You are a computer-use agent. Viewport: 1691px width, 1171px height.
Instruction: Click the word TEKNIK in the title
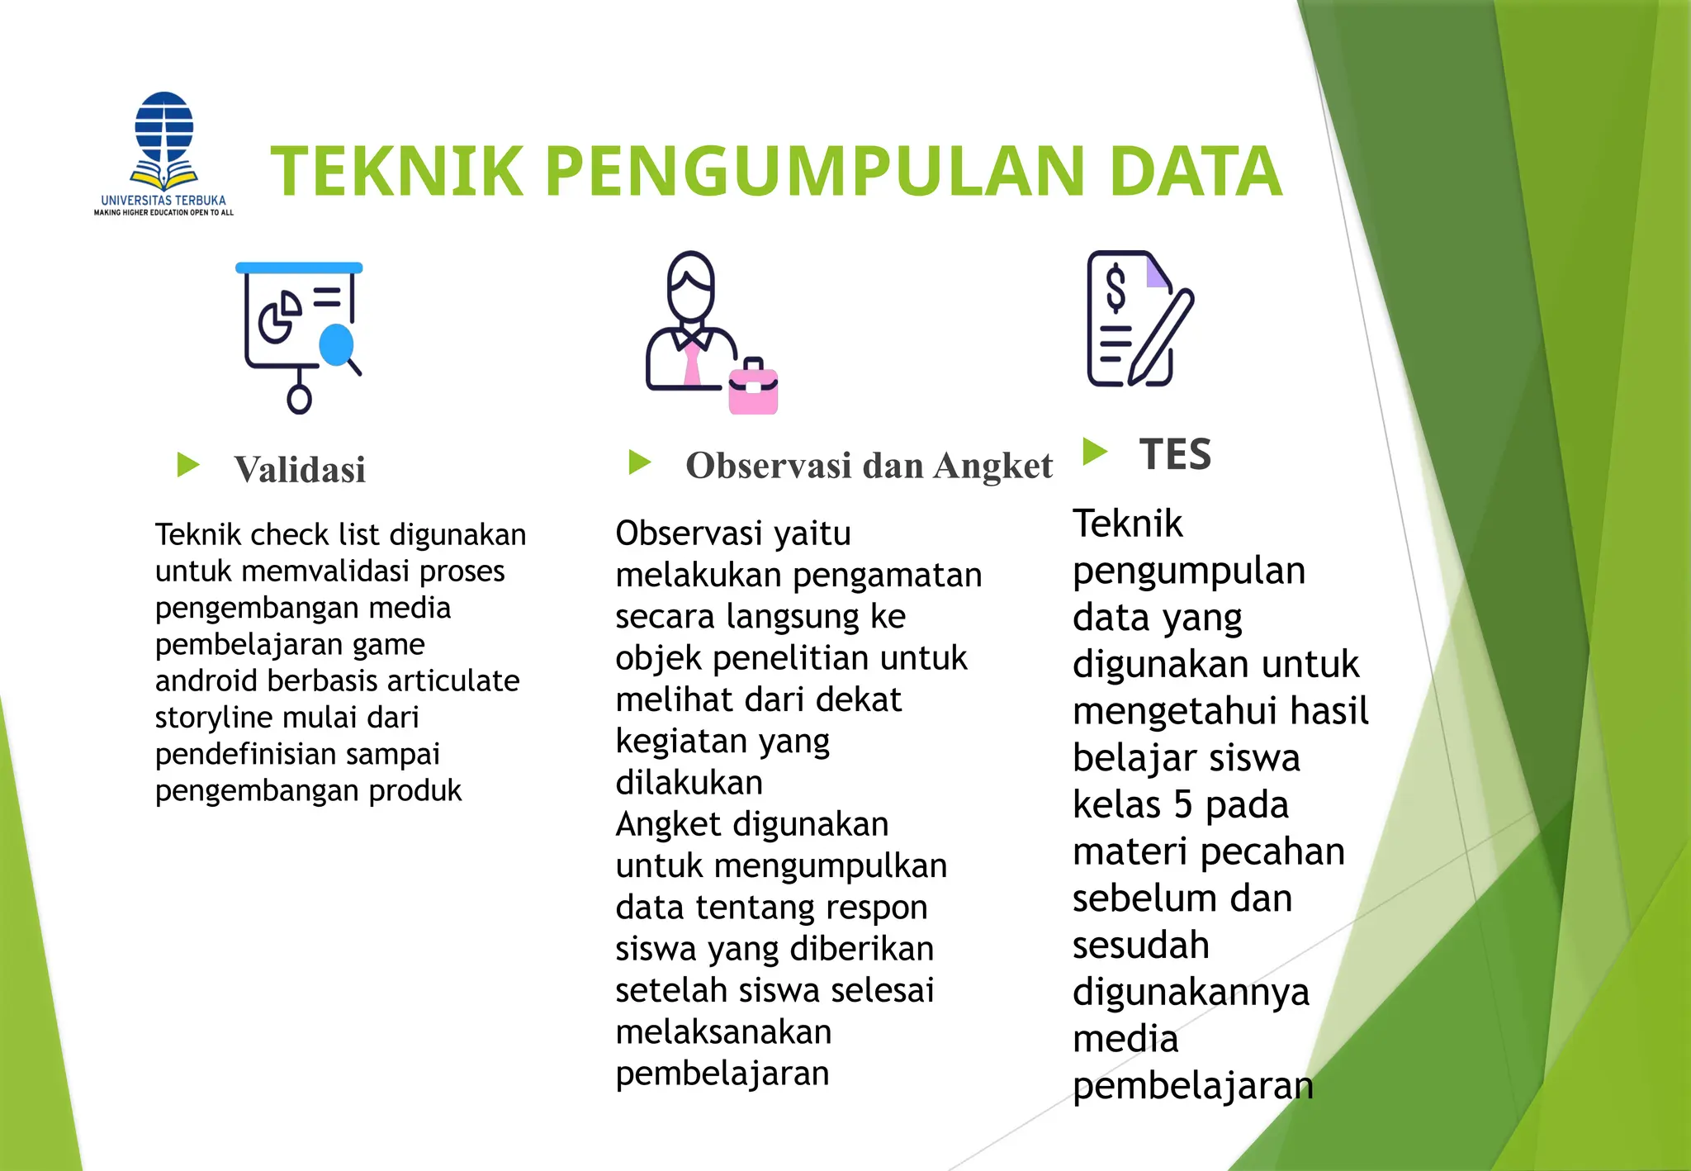pyautogui.click(x=397, y=172)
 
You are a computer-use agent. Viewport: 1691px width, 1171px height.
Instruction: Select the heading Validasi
pyautogui.click(x=299, y=470)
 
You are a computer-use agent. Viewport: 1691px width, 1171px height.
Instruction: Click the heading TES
pyautogui.click(x=1175, y=454)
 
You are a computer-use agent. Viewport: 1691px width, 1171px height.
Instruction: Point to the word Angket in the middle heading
pyautogui.click(x=993, y=466)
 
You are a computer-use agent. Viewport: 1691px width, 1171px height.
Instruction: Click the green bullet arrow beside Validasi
pyautogui.click(x=188, y=465)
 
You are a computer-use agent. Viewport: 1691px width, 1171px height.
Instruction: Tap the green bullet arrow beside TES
pyautogui.click(x=1095, y=451)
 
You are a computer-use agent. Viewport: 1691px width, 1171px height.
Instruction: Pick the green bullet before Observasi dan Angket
pyautogui.click(x=640, y=462)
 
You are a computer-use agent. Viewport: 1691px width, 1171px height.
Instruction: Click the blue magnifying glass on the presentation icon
pyautogui.click(x=337, y=344)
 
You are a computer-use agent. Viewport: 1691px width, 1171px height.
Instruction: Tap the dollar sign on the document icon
pyautogui.click(x=1115, y=287)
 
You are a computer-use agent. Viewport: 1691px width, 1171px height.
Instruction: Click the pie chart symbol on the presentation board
pyautogui.click(x=279, y=316)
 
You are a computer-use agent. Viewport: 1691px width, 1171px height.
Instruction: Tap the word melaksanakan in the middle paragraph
pyautogui.click(x=723, y=1032)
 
